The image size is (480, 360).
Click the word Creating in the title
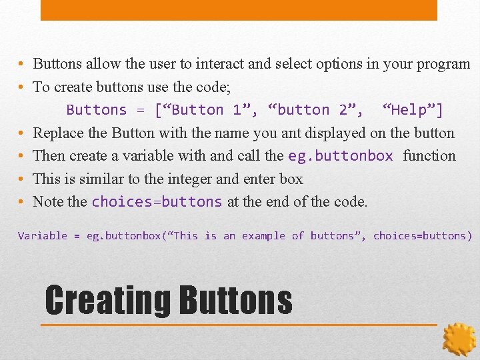[x=107, y=301]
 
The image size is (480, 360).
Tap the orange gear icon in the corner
[x=459, y=339]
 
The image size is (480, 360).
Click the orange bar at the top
[x=239, y=9]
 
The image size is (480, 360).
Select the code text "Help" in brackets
[x=413, y=110]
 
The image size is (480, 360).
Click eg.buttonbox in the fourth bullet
[x=341, y=156]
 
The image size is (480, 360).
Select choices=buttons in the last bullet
[x=157, y=202]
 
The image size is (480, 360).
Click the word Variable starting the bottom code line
[x=43, y=236]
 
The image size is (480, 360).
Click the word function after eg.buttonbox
[x=429, y=156]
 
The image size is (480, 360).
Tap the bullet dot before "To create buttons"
[x=22, y=87]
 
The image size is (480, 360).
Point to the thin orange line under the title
[x=240, y=325]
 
